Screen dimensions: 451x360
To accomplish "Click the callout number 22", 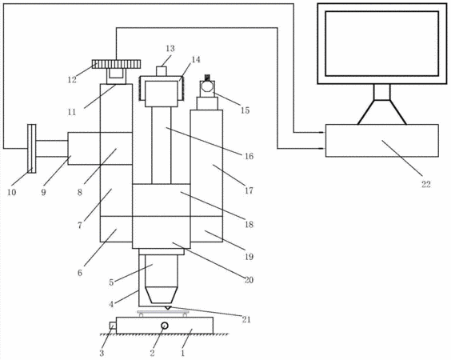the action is (x=425, y=184).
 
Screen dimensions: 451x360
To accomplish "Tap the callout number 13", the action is (x=170, y=48).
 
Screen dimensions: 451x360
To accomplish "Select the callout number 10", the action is (x=11, y=192).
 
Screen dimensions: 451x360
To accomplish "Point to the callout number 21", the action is (x=246, y=319).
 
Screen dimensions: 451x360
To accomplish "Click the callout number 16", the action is (x=249, y=156).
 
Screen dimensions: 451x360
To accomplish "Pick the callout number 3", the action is (x=102, y=353).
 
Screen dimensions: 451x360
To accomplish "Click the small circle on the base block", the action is (x=165, y=326).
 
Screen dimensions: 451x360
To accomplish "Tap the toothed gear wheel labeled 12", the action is (x=117, y=64).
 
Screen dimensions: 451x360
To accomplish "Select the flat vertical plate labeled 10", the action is (x=32, y=149).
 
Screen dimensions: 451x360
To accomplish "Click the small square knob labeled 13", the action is (x=162, y=71).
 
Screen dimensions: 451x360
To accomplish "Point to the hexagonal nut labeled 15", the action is (x=207, y=86).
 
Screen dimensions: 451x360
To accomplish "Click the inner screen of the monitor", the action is (x=382, y=43).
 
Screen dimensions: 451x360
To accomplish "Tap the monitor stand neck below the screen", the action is (x=382, y=92).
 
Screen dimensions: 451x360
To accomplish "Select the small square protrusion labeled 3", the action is (x=113, y=326).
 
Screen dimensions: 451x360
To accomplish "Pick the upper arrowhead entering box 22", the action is (x=323, y=132).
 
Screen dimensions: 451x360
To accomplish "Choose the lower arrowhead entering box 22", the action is (x=323, y=149).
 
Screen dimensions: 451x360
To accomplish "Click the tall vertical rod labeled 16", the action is (x=161, y=146).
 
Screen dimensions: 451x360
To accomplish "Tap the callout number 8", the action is (x=80, y=192).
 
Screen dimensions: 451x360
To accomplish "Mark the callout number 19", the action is (x=249, y=257).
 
